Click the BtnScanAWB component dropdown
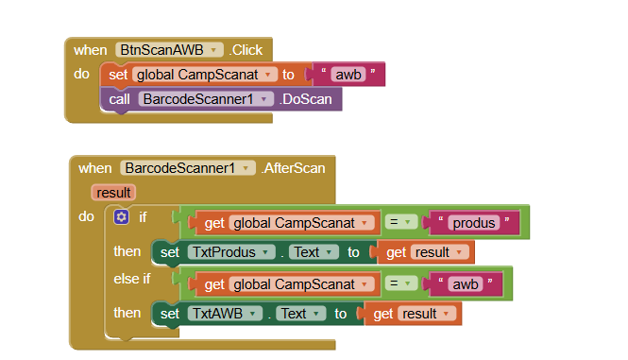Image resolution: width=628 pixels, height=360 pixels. click(x=169, y=49)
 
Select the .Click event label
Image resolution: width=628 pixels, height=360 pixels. click(x=248, y=49)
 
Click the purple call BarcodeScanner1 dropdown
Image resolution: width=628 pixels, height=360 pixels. click(x=206, y=97)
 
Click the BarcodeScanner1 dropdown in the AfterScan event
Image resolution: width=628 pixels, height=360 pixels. click(x=188, y=168)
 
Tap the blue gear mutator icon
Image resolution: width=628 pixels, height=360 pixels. click(x=121, y=217)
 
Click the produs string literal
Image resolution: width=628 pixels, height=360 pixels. click(x=472, y=222)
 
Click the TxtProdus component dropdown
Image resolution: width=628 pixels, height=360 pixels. click(x=230, y=252)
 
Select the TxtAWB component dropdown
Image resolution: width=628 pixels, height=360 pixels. click(x=225, y=314)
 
